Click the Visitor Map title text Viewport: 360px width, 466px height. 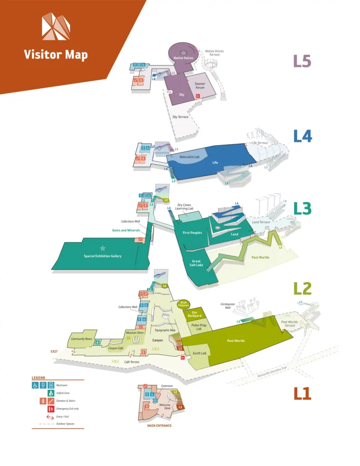coord(56,55)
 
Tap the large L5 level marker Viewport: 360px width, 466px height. coord(302,61)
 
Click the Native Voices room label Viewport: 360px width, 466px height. coord(183,58)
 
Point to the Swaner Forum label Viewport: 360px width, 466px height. coord(200,86)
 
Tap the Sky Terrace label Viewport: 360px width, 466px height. coord(180,117)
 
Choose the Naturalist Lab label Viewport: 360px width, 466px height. coord(189,157)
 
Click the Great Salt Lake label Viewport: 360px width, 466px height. coord(197,263)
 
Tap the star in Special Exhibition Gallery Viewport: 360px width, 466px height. coord(102,248)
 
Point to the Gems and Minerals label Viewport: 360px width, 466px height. coord(126,230)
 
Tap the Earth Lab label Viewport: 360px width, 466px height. coord(200,353)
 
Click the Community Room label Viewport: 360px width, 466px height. coord(82,339)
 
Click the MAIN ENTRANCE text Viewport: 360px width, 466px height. coord(159,426)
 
